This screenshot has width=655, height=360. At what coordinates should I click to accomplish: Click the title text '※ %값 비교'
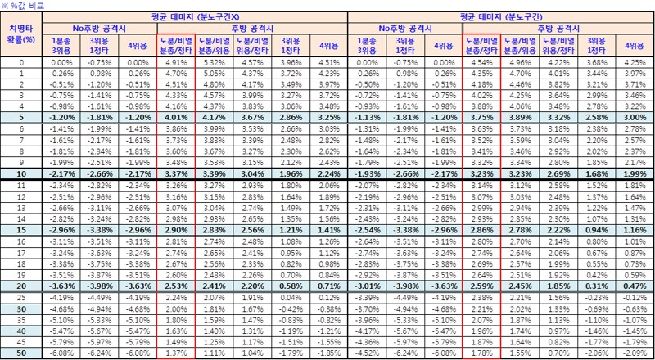[x=25, y=5]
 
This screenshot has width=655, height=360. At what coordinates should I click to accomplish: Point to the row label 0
[x=21, y=62]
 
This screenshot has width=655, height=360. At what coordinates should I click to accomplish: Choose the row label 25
[x=21, y=299]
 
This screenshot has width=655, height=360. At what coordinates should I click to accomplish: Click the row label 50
[x=21, y=352]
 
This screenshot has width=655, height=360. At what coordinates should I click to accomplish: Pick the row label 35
[x=21, y=321]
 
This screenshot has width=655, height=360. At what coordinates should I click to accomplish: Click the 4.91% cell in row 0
[x=178, y=62]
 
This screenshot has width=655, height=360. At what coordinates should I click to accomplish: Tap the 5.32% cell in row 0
[x=214, y=62]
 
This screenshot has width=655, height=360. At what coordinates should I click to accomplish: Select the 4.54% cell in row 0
[x=481, y=62]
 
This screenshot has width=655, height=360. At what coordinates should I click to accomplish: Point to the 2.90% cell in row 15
[x=178, y=231]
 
